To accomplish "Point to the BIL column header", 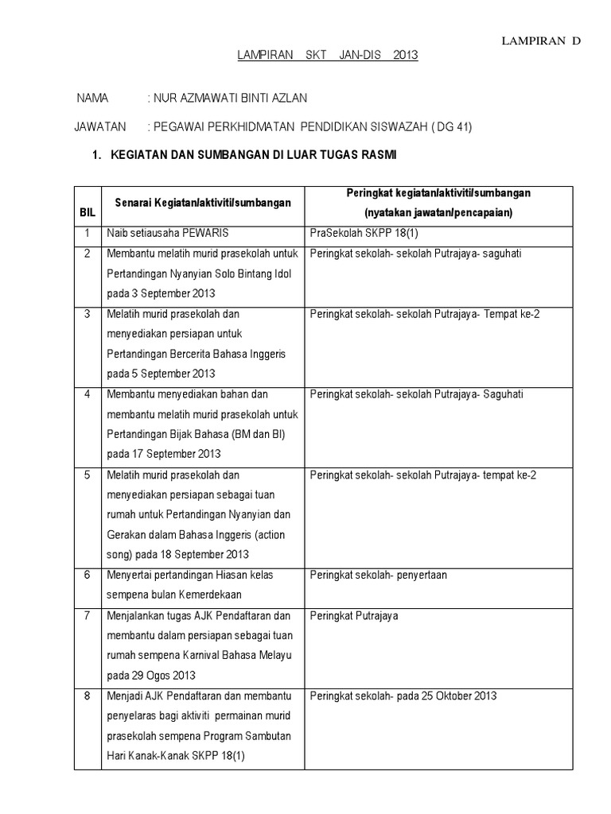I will [87, 214].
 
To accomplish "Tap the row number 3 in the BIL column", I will [87, 314].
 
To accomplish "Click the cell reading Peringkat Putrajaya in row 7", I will [354, 615].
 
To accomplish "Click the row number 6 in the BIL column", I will [87, 574].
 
